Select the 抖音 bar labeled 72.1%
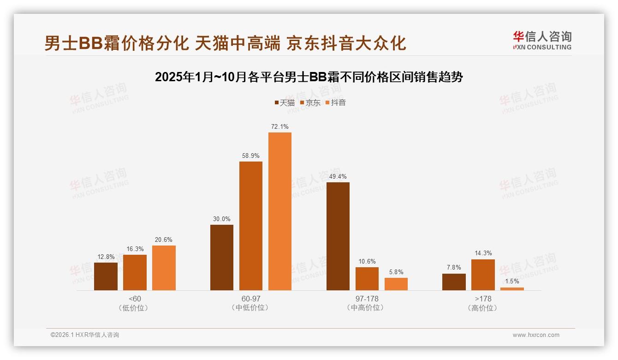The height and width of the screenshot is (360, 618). click(280, 211)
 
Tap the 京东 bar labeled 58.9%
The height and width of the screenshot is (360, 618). click(251, 226)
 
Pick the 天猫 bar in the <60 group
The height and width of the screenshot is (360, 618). click(106, 276)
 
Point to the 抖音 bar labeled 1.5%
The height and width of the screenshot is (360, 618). click(512, 289)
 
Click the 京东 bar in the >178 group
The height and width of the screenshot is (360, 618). click(483, 275)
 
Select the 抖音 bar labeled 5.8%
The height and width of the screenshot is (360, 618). click(396, 284)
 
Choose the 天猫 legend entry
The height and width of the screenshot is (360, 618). click(284, 103)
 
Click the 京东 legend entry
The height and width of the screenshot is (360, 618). click(310, 103)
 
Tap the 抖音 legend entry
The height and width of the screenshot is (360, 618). click(336, 103)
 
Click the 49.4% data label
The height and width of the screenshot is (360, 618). click(338, 176)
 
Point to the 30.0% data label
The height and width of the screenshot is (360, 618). click(221, 219)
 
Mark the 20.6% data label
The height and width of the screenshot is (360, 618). click(164, 240)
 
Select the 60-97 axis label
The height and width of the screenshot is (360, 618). click(251, 299)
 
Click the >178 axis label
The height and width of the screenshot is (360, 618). click(483, 299)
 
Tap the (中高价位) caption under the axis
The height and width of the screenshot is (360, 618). click(367, 308)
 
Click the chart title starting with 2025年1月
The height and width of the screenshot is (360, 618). click(309, 77)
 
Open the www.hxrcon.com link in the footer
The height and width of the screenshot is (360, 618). click(536, 335)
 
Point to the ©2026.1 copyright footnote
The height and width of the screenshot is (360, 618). click(85, 335)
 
